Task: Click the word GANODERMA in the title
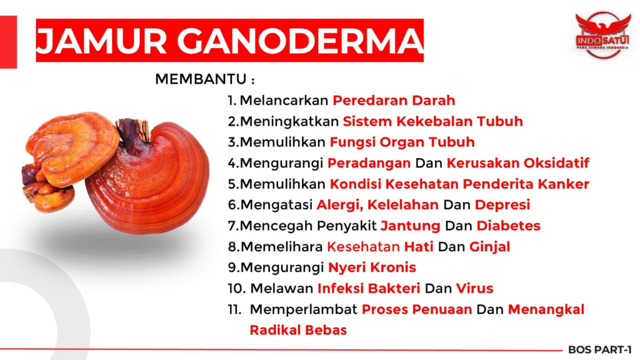300,41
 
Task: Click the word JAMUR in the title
102,41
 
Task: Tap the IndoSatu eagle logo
602,34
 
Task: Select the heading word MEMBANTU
201,79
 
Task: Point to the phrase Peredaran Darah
394,101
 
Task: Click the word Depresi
502,205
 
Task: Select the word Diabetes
509,226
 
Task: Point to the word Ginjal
489,247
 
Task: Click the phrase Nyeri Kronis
372,267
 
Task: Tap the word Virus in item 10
475,289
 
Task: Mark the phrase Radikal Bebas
298,330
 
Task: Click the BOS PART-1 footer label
599,350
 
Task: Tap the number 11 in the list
234,309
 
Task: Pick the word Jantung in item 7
410,226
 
